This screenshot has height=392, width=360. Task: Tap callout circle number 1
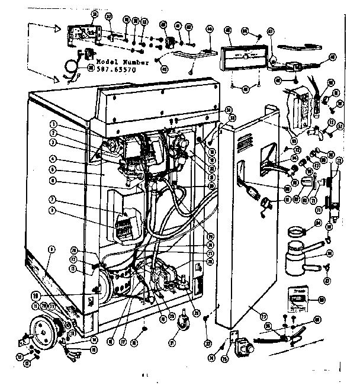tap(53, 124)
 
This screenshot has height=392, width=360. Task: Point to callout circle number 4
tap(53, 159)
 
